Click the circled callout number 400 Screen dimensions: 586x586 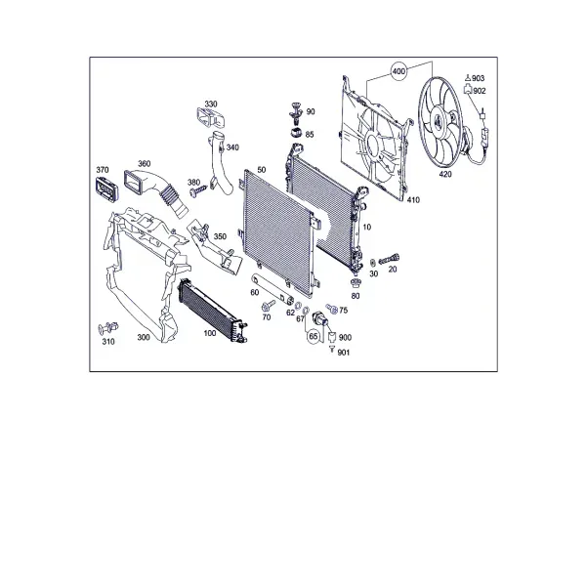[x=398, y=70]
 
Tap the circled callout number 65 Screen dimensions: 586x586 [x=314, y=336]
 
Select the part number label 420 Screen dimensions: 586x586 [x=445, y=174]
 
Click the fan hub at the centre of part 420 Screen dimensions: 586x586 [x=438, y=120]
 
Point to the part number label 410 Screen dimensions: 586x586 [x=413, y=200]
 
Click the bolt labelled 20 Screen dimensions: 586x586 [x=389, y=259]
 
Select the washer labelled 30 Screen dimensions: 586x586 [x=373, y=262]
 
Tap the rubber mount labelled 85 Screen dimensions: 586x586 [x=296, y=132]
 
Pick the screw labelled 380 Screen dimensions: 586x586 [x=198, y=190]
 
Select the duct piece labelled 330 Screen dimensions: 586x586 [x=210, y=117]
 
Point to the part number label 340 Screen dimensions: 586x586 [x=232, y=147]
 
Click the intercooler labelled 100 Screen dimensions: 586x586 [x=212, y=311]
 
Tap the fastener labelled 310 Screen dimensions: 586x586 [x=108, y=328]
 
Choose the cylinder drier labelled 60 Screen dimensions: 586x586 [x=272, y=288]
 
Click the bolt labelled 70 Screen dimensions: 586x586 [x=269, y=305]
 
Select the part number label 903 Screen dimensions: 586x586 [x=478, y=78]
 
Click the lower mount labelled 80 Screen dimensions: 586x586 [x=356, y=283]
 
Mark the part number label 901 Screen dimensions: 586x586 [x=344, y=353]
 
